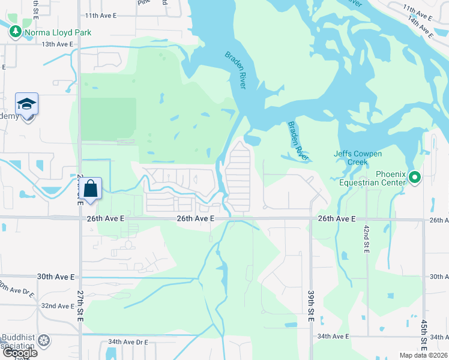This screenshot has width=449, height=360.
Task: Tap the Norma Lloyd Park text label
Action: click(58, 32)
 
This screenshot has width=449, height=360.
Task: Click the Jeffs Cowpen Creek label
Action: click(358, 158)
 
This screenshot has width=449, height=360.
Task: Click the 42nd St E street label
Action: click(367, 239)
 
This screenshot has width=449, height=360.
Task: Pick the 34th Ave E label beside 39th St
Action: click(333, 336)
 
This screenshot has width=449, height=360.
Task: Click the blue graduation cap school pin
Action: click(26, 105)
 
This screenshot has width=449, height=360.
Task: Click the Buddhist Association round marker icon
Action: click(44, 341)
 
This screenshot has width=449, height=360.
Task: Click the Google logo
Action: click(19, 353)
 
